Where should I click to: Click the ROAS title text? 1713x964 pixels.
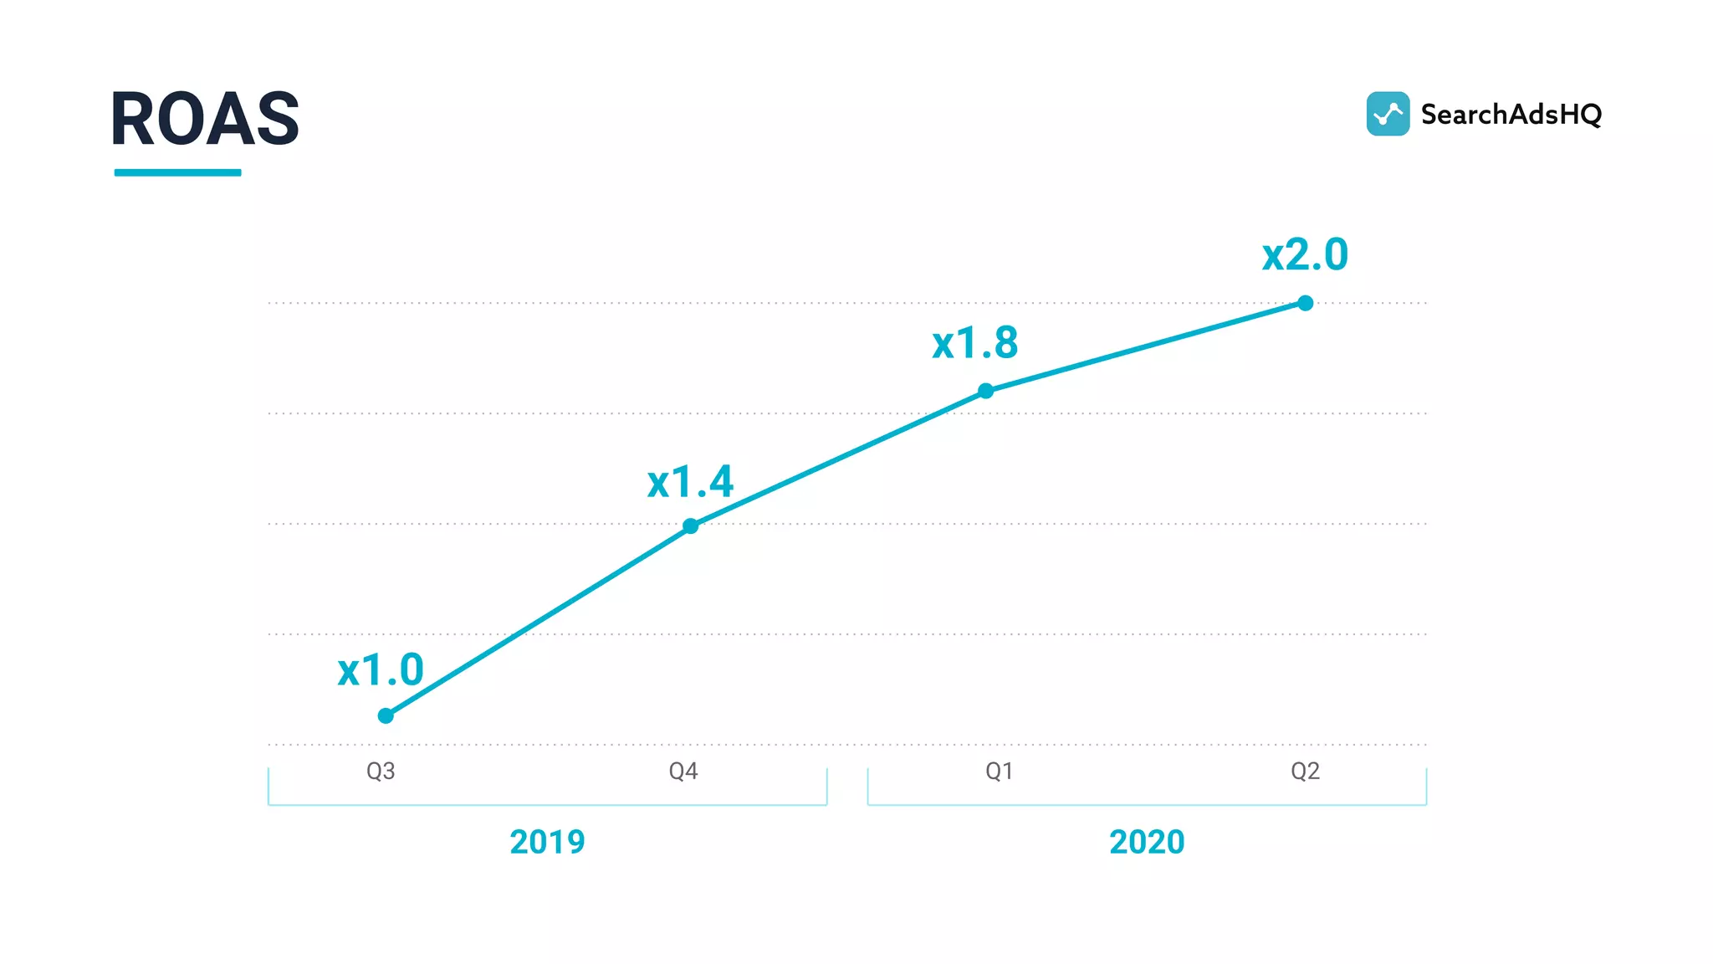pos(205,120)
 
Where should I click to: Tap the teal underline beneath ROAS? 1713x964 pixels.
pos(177,172)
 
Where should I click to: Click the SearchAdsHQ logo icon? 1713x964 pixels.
pos(1388,114)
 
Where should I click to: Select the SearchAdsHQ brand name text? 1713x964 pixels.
pos(1511,115)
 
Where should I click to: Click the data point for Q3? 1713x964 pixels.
pos(386,715)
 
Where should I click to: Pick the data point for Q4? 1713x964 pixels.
pos(690,526)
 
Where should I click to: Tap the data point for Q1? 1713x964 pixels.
pos(986,391)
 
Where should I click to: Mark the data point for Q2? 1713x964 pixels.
pos(1306,303)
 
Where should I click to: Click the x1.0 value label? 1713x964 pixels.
pos(381,670)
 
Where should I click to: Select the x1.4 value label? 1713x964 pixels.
pos(690,482)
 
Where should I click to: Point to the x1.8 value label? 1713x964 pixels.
pos(975,343)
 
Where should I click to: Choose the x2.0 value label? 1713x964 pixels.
pos(1305,254)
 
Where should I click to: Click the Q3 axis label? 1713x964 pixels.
pos(381,771)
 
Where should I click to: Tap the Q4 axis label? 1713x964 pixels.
pos(683,771)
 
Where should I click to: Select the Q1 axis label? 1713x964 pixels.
pos(999,771)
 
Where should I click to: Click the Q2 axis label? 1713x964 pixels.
pos(1305,771)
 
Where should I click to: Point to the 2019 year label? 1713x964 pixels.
pos(547,842)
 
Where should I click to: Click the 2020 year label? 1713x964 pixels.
pos(1147,842)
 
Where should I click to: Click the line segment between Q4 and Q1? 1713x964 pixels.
pos(838,459)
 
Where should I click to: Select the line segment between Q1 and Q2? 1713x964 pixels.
pos(1146,347)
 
